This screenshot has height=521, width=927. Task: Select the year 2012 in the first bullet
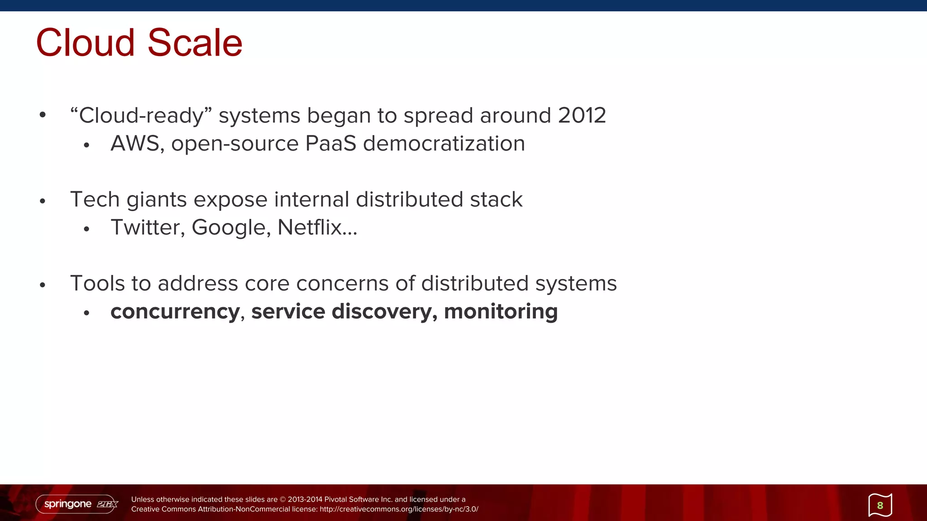pyautogui.click(x=582, y=115)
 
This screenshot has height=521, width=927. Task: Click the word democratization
pyautogui.click(x=444, y=143)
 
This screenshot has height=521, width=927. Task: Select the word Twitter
pyautogui.click(x=148, y=227)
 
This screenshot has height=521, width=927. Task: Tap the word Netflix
pyautogui.click(x=310, y=227)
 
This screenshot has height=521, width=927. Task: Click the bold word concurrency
pyautogui.click(x=175, y=312)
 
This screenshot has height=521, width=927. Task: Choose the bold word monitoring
pyautogui.click(x=501, y=312)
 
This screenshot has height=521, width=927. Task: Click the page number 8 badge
pyautogui.click(x=880, y=505)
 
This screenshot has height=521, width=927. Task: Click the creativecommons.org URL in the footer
pyautogui.click(x=399, y=509)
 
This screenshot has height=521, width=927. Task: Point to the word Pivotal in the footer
pyautogui.click(x=335, y=499)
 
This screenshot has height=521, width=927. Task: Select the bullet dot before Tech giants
pyautogui.click(x=43, y=201)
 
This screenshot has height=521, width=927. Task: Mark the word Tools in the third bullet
pyautogui.click(x=97, y=284)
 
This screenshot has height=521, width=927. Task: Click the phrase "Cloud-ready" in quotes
pyautogui.click(x=141, y=115)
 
